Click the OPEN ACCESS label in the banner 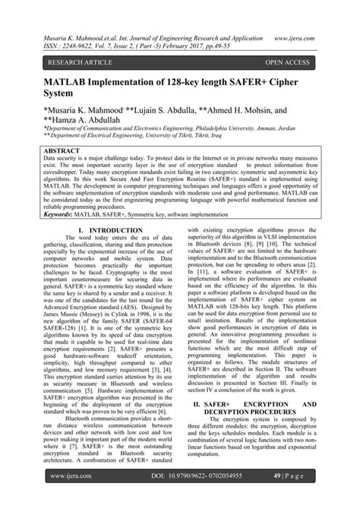click(286, 62)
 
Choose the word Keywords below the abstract click(63, 215)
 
